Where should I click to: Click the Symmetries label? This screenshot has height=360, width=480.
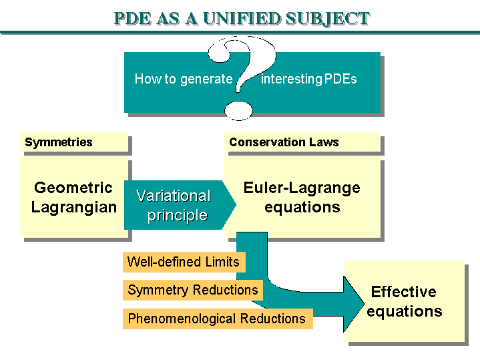point(59,142)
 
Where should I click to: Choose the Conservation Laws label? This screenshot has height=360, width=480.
point(284,142)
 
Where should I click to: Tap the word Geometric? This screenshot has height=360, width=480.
point(73,188)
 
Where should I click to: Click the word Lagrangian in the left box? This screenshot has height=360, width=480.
point(73,207)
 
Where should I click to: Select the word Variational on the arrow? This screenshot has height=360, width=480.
point(174,196)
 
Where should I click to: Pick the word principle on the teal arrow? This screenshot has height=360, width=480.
point(177,216)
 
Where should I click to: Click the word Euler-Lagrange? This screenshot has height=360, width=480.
point(302,188)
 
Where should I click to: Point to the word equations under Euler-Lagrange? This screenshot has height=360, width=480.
point(302,207)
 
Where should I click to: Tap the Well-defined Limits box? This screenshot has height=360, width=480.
point(183,262)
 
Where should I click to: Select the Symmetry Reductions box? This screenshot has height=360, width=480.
point(192,290)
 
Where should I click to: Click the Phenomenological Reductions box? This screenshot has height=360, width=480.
point(217,319)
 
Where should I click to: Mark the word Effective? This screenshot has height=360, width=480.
point(404,292)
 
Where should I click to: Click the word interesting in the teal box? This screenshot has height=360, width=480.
point(292,79)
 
